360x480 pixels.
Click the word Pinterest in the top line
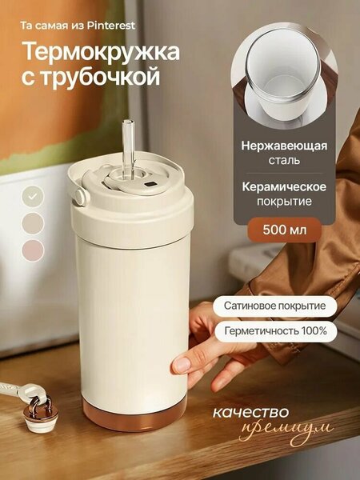pos(111,26)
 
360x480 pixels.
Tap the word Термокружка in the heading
pos(101,51)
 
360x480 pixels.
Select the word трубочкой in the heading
pos(101,77)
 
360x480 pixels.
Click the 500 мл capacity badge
pos(284,230)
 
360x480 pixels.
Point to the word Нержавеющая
pos(284,146)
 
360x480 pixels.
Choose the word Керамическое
pos(284,186)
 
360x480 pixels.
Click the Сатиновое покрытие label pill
pos(275,306)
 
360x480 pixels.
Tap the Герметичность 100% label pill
pos(276,331)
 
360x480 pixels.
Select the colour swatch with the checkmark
pos(33,197)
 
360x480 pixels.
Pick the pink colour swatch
pos(33,250)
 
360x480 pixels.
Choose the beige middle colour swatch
pos(33,223)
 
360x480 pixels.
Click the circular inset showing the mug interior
pos(284,76)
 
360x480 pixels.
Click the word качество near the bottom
pos(250,412)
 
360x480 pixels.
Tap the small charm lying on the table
pos(41,414)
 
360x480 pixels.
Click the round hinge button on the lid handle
pos(80,197)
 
